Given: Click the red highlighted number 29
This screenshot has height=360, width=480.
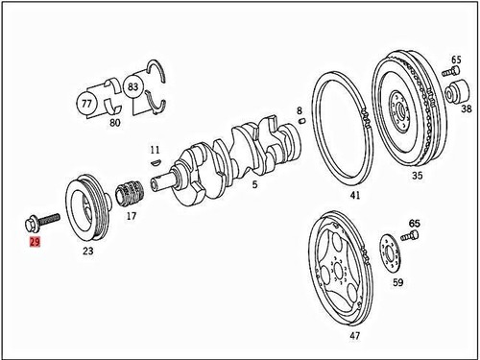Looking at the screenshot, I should (x=35, y=244).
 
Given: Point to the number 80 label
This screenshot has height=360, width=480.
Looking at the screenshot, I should (x=115, y=123).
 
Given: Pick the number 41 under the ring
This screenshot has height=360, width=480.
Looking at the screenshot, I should (x=355, y=196).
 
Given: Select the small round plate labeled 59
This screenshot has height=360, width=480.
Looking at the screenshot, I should (x=390, y=255).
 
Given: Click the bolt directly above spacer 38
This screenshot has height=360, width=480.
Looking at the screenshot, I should (x=451, y=72).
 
